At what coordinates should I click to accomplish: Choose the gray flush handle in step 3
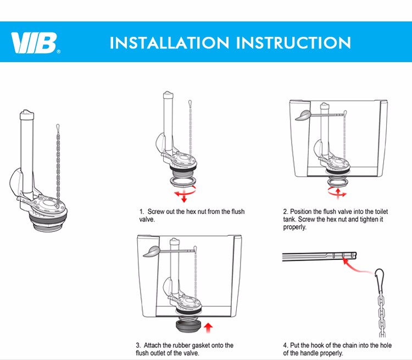[x=154, y=251]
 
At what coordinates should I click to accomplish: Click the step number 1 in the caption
[x=141, y=212]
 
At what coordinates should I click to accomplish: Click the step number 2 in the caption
[x=285, y=212]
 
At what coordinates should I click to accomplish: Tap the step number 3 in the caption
[x=138, y=345]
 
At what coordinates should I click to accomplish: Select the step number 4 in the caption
[x=285, y=346]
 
